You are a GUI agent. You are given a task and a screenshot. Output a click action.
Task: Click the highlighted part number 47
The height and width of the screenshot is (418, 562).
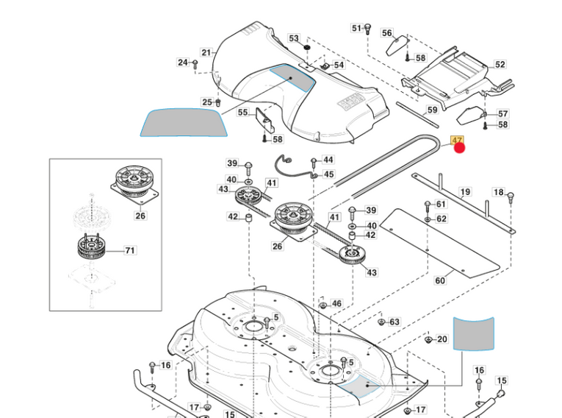click(x=456, y=140)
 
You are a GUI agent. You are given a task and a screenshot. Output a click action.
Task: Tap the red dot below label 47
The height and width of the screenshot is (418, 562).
click(x=460, y=149)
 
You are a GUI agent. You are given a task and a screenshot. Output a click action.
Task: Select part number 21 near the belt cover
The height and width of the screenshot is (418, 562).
click(x=206, y=52)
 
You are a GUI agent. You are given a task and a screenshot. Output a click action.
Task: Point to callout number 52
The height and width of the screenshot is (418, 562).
click(x=500, y=65)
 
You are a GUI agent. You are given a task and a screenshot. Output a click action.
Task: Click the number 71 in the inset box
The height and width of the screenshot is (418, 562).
click(x=130, y=250)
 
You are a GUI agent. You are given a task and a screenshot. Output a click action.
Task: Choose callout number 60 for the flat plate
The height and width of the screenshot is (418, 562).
click(x=440, y=280)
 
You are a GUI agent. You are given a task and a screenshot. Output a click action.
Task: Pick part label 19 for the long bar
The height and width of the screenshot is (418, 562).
click(x=465, y=192)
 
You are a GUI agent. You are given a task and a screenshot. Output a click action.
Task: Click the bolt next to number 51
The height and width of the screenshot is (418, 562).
click(x=368, y=29)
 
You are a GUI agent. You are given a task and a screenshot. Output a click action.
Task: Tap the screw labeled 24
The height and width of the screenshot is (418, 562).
click(x=196, y=64)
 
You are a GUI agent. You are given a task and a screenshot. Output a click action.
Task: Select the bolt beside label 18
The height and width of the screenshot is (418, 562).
click(x=511, y=196)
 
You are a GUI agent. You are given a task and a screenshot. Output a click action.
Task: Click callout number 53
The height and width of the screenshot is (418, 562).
click(x=294, y=38)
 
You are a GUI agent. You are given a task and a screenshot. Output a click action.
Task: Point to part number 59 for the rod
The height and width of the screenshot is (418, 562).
click(x=432, y=110)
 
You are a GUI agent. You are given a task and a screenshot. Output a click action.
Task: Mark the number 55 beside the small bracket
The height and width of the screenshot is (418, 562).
click(x=242, y=113)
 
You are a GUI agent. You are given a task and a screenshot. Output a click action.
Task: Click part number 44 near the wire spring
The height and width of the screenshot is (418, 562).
click(x=328, y=160)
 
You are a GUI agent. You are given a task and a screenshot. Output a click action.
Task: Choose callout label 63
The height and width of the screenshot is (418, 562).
click(x=395, y=322)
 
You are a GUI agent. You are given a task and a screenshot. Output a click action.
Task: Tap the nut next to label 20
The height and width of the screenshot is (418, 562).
click(x=428, y=339)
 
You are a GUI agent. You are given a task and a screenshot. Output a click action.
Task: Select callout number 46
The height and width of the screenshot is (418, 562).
click(x=336, y=303)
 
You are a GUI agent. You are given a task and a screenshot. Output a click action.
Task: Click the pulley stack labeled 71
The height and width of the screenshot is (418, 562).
click(x=92, y=250)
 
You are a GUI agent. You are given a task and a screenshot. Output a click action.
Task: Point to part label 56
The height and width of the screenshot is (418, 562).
click(x=387, y=33)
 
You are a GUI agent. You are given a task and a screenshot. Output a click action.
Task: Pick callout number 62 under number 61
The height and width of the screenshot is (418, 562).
click(x=441, y=219)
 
